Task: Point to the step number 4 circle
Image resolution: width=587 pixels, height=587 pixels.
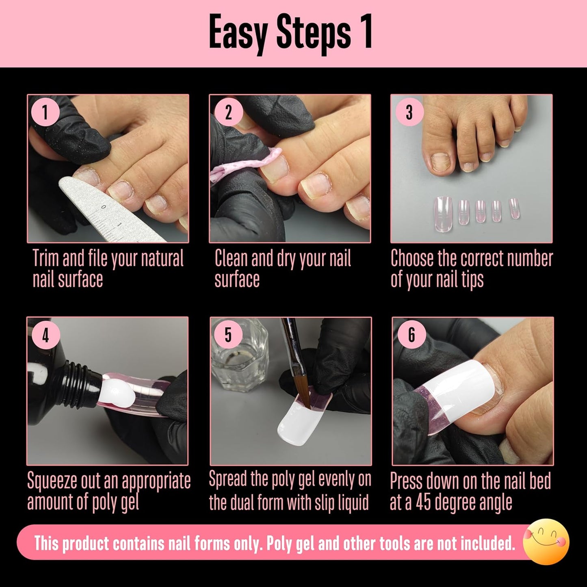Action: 45,335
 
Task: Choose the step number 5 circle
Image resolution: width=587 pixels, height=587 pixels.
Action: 228,335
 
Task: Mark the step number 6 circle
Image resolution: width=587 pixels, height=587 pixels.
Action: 412,335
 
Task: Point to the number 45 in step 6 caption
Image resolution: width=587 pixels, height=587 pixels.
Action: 423,503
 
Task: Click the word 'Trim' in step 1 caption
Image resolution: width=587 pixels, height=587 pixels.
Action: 46,259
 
